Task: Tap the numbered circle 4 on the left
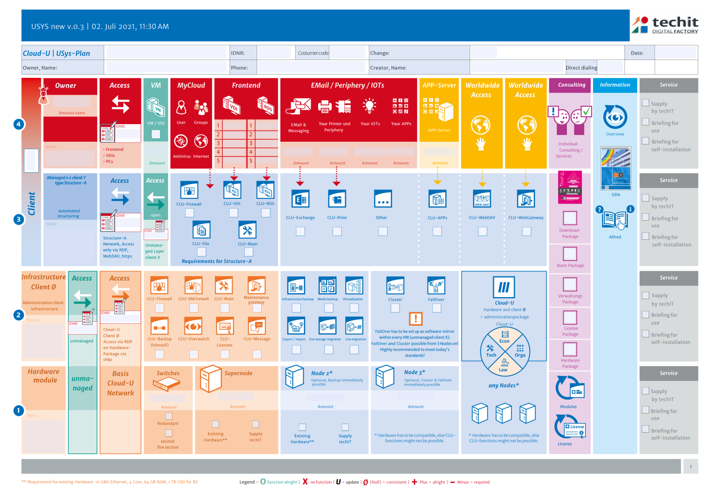click(x=19, y=124)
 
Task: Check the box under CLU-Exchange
click(x=300, y=231)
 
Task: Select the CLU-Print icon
click(x=337, y=199)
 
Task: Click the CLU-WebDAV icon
click(x=482, y=199)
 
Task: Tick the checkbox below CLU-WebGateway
click(x=526, y=231)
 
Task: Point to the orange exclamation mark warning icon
click(x=416, y=318)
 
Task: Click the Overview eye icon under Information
click(x=615, y=117)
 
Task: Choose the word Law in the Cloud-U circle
click(x=503, y=370)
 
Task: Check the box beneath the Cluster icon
click(x=395, y=308)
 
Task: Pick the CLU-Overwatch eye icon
click(x=193, y=327)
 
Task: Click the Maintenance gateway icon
click(x=256, y=286)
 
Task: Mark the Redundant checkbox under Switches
click(x=169, y=416)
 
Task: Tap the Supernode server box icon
click(x=210, y=379)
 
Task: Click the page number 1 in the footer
click(x=691, y=467)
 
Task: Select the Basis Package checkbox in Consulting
click(x=570, y=254)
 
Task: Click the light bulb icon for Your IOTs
click(x=370, y=106)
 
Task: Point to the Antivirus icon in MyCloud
click(x=181, y=141)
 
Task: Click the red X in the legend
click(x=305, y=482)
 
